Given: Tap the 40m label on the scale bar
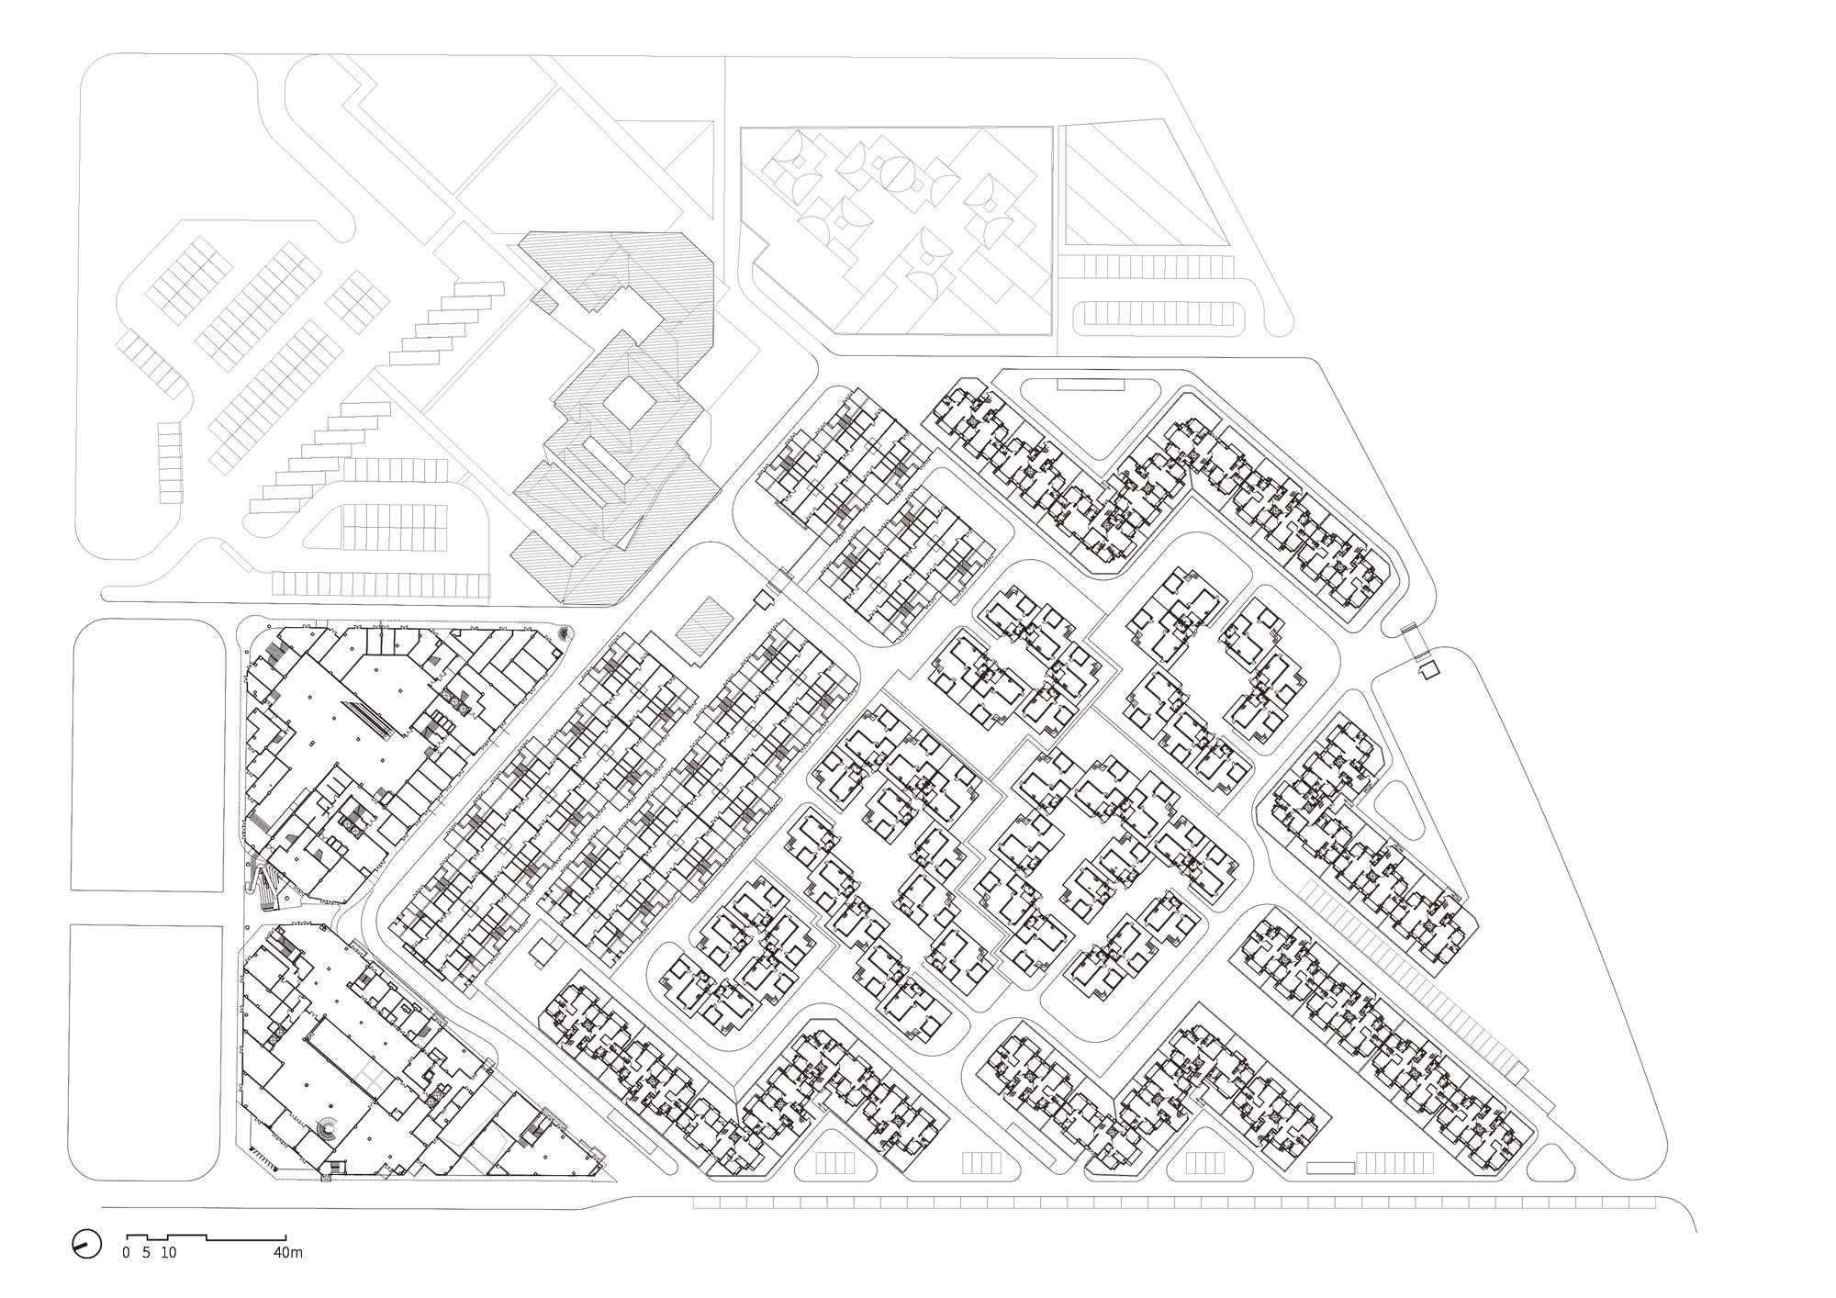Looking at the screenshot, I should pos(288,1252).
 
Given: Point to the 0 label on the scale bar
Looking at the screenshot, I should pos(127,1252).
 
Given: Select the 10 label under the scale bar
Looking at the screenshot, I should pos(169,1252).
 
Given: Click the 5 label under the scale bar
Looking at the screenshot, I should pos(147,1252).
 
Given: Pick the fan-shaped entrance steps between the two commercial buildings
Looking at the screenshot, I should pos(268,888).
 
